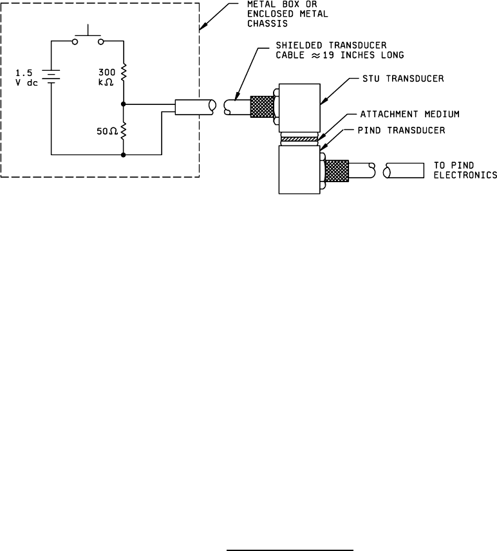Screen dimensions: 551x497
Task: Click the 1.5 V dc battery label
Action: pyautogui.click(x=28, y=77)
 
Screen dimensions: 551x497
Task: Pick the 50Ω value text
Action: pyautogui.click(x=104, y=131)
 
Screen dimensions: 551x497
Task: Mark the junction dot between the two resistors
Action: pyautogui.click(x=122, y=103)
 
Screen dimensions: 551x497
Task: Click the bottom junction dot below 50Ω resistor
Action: pyautogui.click(x=122, y=154)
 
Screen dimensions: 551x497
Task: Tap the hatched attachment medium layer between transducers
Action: pyautogui.click(x=299, y=138)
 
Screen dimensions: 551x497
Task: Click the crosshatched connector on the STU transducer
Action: pyautogui.click(x=261, y=106)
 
